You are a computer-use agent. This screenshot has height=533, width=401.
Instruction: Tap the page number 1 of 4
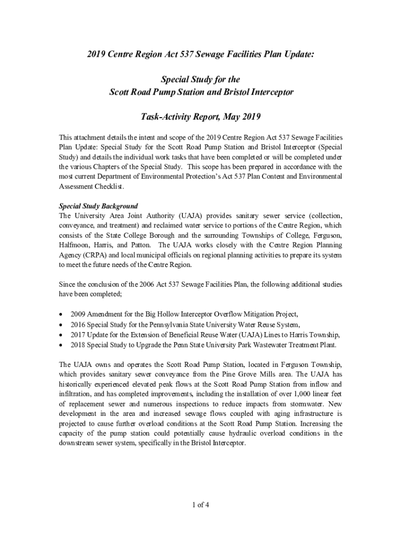(200, 504)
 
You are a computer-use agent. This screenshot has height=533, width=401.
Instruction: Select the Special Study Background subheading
(98, 206)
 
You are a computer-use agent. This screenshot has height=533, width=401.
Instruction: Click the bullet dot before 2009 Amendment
(62, 314)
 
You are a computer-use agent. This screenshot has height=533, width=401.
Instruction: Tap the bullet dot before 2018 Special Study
(62, 345)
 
